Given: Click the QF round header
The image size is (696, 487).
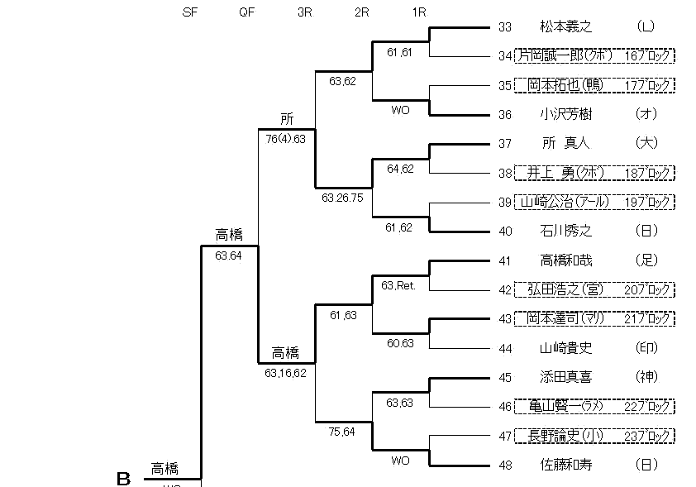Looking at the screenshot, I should tap(246, 12).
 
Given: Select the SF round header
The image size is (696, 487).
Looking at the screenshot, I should tap(189, 12).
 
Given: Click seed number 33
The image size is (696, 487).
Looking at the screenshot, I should tap(505, 26).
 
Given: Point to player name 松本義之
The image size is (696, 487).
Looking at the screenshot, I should tap(566, 26).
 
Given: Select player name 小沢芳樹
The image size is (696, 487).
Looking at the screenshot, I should tap(566, 114).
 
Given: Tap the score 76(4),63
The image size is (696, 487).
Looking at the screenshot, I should tap(286, 139).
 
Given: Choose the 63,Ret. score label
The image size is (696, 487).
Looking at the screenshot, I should tap(398, 285).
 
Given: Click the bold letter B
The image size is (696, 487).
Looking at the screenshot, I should tap(123, 478).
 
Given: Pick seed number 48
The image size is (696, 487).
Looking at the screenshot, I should tap(505, 465).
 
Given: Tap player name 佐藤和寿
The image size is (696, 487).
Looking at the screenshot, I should tap(566, 465).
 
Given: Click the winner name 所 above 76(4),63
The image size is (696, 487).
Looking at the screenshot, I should tap(286, 119).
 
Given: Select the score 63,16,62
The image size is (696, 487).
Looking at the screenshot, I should tap(286, 374).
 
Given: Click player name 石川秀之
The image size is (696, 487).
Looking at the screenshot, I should tap(566, 231).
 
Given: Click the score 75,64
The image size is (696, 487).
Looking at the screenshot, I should tap(343, 431).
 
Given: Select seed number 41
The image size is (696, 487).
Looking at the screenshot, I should tap(505, 260).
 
